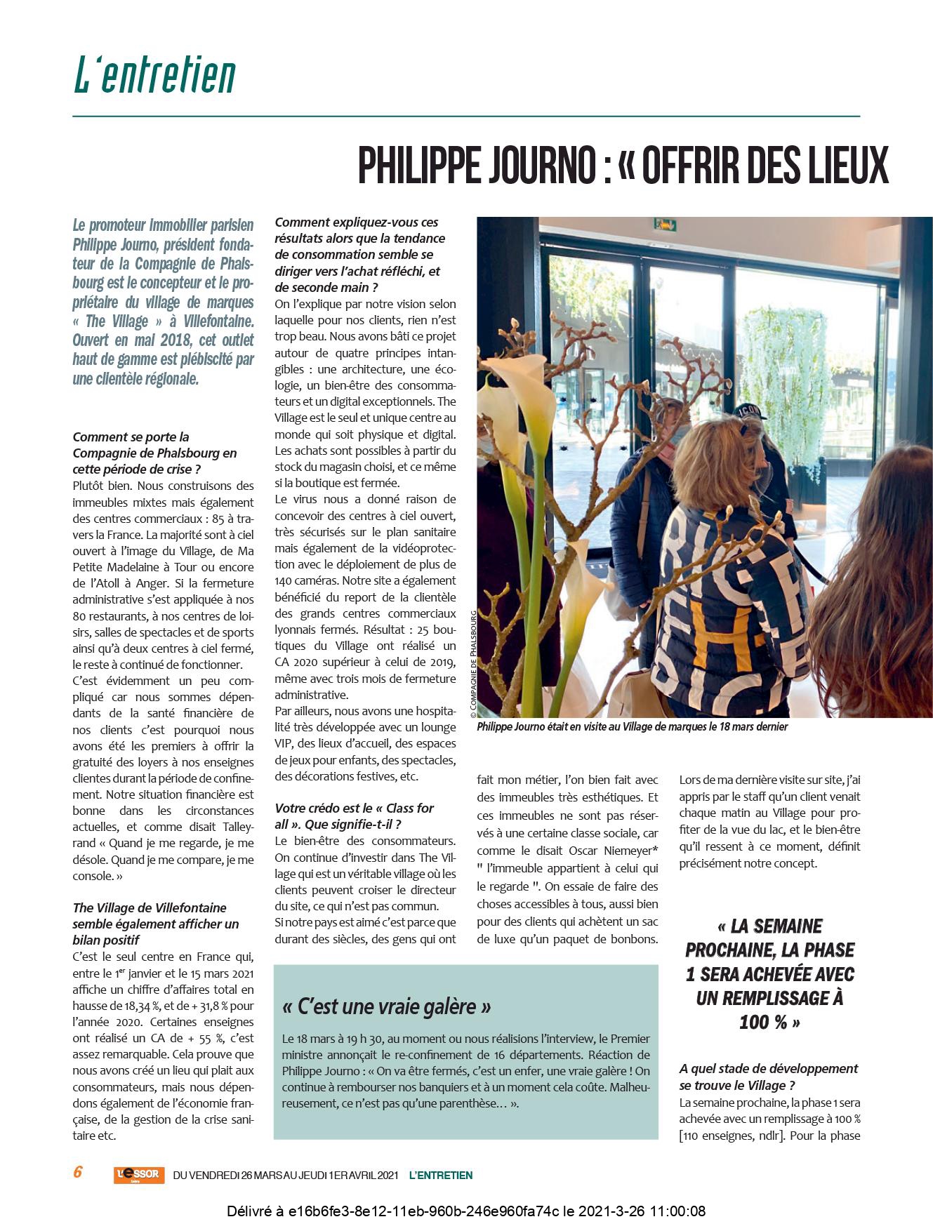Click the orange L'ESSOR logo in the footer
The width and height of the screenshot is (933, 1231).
pyautogui.click(x=139, y=1174)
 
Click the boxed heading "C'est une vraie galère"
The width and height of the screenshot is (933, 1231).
pyautogui.click(x=386, y=1007)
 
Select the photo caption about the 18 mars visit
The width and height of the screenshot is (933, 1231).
pyautogui.click(x=632, y=726)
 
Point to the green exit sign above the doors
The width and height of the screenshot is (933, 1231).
pyautogui.click(x=664, y=225)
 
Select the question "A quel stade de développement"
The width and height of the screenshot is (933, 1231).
pyautogui.click(x=769, y=1068)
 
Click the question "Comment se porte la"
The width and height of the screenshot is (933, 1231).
pyautogui.click(x=131, y=437)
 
